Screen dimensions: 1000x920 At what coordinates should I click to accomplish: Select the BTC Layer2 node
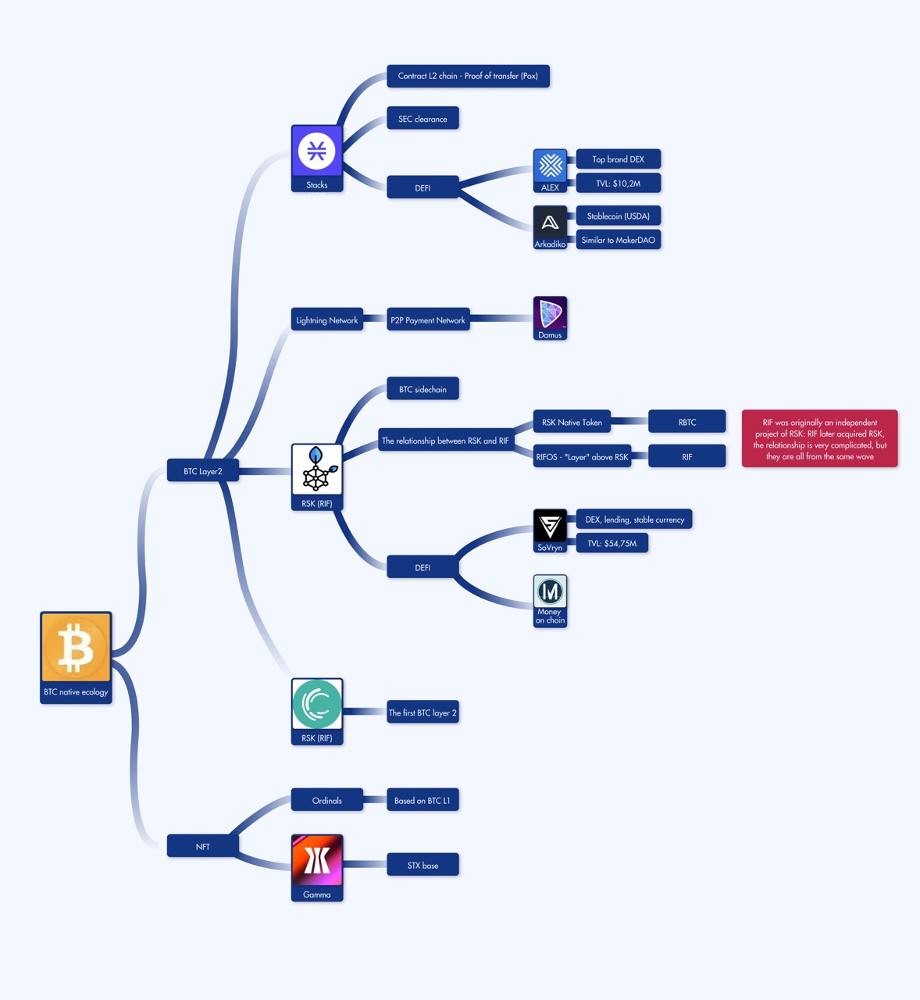coord(202,471)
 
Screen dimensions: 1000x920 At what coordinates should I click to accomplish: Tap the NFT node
coord(202,846)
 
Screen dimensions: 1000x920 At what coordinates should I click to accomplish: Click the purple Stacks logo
coord(316,152)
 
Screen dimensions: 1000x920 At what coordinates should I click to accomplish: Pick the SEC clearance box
coord(423,119)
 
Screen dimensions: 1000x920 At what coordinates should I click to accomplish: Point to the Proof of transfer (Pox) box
coord(468,76)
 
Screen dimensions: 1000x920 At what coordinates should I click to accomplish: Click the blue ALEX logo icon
coord(550,166)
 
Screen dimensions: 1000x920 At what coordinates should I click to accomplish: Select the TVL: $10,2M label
coord(618,184)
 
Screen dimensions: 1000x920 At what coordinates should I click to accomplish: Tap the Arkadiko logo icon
coord(550,223)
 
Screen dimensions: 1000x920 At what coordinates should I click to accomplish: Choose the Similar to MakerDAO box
coord(618,240)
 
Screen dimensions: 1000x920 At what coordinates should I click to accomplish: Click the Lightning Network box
coord(326,320)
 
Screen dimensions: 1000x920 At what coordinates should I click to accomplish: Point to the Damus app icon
coord(550,314)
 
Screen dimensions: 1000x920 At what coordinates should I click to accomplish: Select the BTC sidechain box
coord(423,389)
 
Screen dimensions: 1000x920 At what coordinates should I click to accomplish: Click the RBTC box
coord(686,423)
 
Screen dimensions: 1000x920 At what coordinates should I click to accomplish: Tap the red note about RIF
coord(819,439)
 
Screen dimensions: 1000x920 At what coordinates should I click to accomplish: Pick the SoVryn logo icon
coord(550,526)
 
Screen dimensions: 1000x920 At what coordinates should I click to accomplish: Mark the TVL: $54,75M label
coord(612,543)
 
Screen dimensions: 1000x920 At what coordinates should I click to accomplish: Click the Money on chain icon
coord(550,592)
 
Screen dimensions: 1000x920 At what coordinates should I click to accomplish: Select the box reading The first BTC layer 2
coord(423,712)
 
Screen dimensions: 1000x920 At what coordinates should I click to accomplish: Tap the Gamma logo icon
coord(316,861)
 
